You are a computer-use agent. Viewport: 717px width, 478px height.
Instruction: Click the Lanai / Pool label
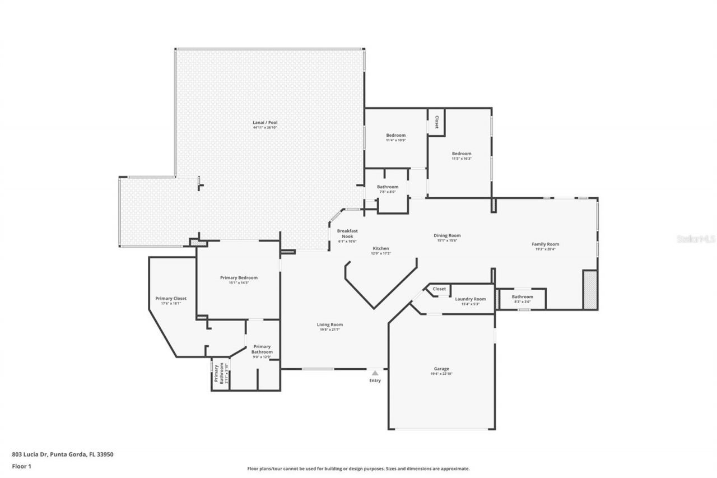pyautogui.click(x=264, y=122)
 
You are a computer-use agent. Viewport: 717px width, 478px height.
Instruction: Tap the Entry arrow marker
pyautogui.click(x=375, y=372)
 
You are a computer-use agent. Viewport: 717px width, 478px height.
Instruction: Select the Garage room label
pyautogui.click(x=441, y=369)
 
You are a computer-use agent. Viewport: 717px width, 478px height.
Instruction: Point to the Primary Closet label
pyautogui.click(x=171, y=298)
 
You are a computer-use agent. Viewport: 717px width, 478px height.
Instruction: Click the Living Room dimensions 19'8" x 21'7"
pyautogui.click(x=330, y=330)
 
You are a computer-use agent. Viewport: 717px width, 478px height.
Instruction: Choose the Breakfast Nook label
pyautogui.click(x=347, y=234)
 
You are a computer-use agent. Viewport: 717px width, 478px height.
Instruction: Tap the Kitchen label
pyautogui.click(x=381, y=248)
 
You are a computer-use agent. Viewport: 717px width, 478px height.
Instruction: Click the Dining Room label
pyautogui.click(x=447, y=235)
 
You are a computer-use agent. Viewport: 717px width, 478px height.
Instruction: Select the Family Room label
pyautogui.click(x=545, y=244)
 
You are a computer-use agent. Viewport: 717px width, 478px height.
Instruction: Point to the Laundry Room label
pyautogui.click(x=470, y=299)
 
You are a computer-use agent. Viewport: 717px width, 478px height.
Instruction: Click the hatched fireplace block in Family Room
pyautogui.click(x=590, y=290)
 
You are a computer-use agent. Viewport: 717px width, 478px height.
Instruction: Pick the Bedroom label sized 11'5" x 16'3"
pyautogui.click(x=462, y=154)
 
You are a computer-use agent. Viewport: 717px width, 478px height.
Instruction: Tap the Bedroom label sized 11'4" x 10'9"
pyautogui.click(x=395, y=135)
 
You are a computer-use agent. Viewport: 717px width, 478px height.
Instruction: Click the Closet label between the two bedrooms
pyautogui.click(x=436, y=122)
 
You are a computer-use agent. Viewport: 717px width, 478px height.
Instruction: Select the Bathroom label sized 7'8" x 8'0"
pyautogui.click(x=387, y=187)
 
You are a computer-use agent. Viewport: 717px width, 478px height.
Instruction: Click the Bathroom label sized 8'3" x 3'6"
pyautogui.click(x=522, y=296)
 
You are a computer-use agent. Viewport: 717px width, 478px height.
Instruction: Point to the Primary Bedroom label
pyautogui.click(x=239, y=277)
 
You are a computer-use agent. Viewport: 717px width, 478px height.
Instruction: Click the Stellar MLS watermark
pyautogui.click(x=696, y=239)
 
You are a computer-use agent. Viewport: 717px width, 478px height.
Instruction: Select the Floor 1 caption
pyautogui.click(x=22, y=466)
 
